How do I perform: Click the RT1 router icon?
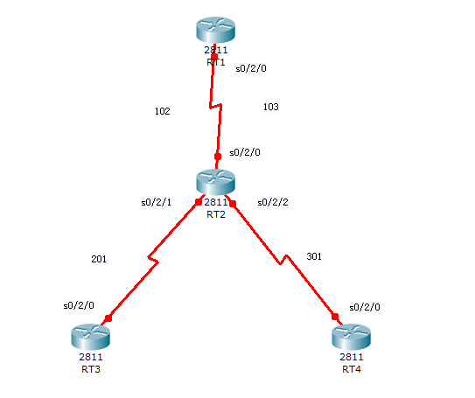tap(216, 30)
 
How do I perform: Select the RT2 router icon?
tap(216, 182)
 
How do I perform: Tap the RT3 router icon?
tap(91, 337)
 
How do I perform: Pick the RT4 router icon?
tap(352, 337)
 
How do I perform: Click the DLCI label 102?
tap(163, 111)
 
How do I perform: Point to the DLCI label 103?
tap(271, 107)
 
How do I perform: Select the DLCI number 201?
tap(99, 259)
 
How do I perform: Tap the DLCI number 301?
tap(314, 256)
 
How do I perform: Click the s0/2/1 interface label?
tap(157, 202)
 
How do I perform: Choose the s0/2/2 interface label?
tap(273, 202)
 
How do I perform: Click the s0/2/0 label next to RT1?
tap(251, 68)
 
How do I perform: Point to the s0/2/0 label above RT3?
tap(79, 305)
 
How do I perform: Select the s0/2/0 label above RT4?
tap(365, 307)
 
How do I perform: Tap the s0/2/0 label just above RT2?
tap(245, 152)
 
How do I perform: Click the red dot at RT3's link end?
tap(108, 318)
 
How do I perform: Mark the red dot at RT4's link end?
tap(335, 317)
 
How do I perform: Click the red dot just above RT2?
tap(218, 157)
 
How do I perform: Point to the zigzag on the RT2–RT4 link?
tap(283, 260)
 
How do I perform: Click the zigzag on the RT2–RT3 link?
tap(153, 260)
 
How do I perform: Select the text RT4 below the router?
tap(352, 369)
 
